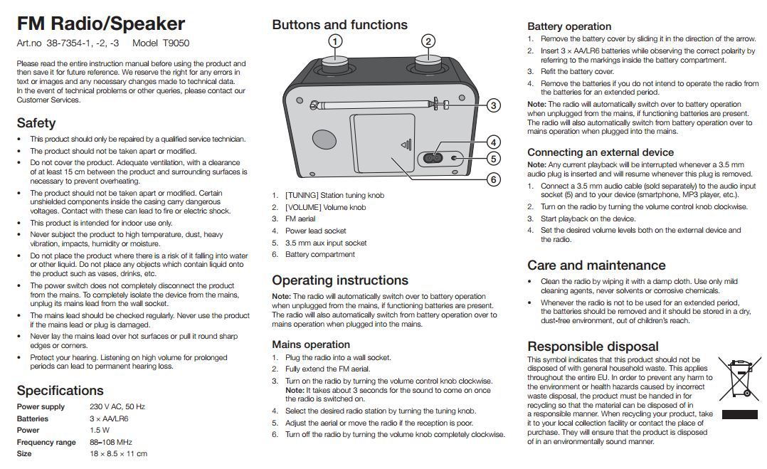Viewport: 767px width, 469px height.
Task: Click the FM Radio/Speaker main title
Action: click(100, 23)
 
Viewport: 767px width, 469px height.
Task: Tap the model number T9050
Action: click(176, 43)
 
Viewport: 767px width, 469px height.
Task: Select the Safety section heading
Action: click(36, 123)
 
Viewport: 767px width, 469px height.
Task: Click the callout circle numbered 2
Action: click(428, 41)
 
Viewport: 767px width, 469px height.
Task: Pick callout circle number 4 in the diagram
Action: click(493, 142)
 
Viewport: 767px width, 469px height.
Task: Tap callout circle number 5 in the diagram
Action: click(493, 159)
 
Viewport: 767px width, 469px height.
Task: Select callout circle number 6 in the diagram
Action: click(493, 179)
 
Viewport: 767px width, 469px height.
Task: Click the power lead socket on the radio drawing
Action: click(431, 158)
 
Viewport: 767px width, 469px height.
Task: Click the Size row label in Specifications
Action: click(24, 454)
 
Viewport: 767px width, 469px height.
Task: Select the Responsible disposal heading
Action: click(593, 347)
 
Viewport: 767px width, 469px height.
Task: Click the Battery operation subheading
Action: click(569, 26)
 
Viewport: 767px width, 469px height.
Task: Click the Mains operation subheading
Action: click(311, 344)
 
